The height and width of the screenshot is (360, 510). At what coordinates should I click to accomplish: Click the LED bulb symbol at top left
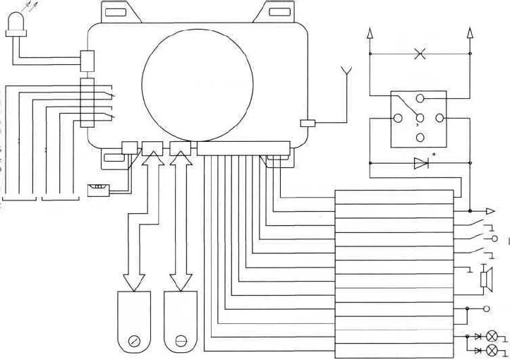pyautogui.click(x=15, y=26)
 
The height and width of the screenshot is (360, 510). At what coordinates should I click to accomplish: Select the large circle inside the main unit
pyautogui.click(x=198, y=84)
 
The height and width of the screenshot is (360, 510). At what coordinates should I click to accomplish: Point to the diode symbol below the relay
pyautogui.click(x=421, y=164)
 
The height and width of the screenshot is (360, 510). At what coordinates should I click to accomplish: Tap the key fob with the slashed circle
pyautogui.click(x=133, y=322)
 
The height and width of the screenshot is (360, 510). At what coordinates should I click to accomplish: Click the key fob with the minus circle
pyautogui.click(x=181, y=322)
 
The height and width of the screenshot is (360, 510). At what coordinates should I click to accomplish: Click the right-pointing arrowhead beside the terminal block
pyautogui.click(x=491, y=210)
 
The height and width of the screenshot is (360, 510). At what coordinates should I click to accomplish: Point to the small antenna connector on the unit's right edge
pyautogui.click(x=308, y=123)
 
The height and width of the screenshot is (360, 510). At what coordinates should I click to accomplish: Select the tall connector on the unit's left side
pyautogui.click(x=87, y=103)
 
